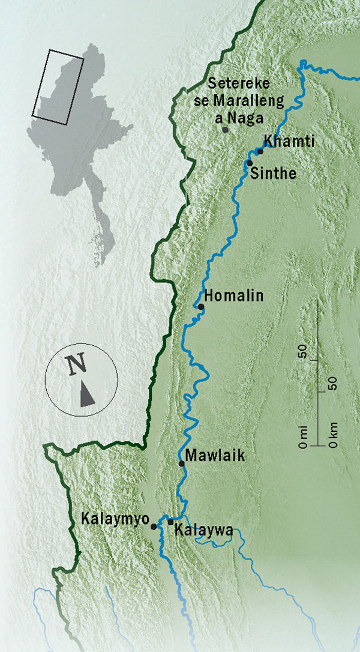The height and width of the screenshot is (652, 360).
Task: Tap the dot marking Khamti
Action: [x=260, y=151]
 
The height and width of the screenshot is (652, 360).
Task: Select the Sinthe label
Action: [x=272, y=174]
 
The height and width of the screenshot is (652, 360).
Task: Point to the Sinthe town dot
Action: [x=249, y=163]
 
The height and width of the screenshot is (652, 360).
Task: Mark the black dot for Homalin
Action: [x=201, y=307]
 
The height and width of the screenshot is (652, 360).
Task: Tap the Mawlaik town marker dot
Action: [x=181, y=463]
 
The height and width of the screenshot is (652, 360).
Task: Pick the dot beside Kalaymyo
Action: [x=154, y=527]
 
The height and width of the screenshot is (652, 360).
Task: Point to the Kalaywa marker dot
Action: [x=170, y=522]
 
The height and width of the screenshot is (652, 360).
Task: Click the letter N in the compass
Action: [x=76, y=364]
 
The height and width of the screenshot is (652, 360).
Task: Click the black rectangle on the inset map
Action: [x=58, y=86]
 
